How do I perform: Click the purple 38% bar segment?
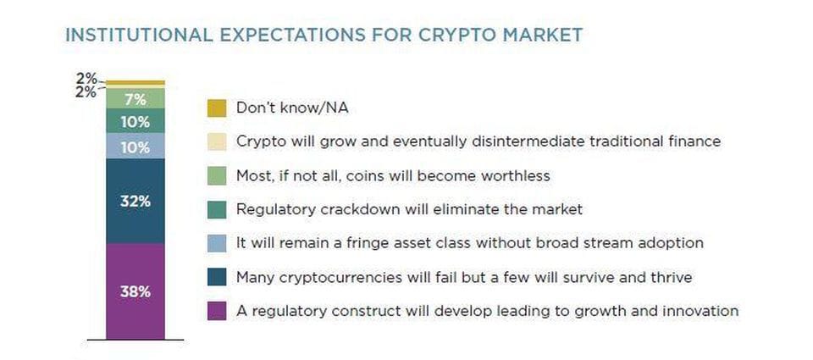coord(135,291)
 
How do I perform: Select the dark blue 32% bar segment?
coord(135,202)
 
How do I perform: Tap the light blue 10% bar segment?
coord(135,146)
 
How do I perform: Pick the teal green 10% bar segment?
coord(135,121)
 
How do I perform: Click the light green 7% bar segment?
coord(135,98)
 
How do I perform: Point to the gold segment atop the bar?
coord(135,82)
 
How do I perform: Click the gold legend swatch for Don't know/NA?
coord(217,108)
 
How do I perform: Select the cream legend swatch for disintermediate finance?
coord(217,141)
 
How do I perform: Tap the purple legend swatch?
coord(217,311)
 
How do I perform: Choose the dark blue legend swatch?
coord(217,277)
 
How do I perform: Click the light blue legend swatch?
coord(217,243)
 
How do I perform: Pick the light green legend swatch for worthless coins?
coord(217,176)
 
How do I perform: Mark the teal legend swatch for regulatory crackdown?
coord(217,209)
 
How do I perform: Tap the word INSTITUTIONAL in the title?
coord(139,35)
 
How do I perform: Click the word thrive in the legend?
coord(671,277)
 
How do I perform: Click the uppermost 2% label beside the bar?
coord(86,78)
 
